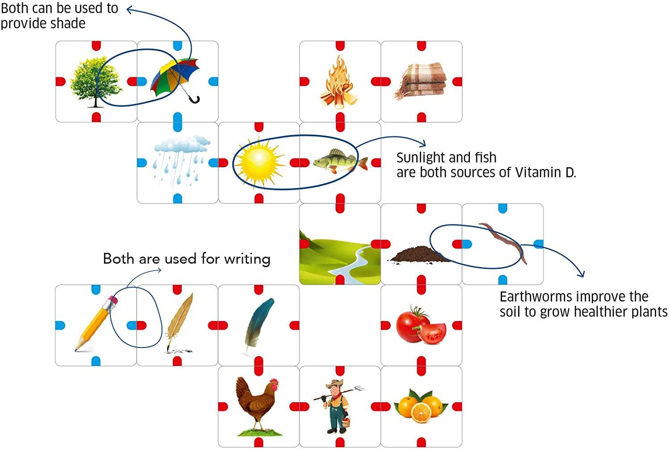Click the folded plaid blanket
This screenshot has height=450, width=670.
pos(420,81)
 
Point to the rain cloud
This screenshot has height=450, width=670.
pos(182,144)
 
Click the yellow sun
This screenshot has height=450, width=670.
pos(260,163)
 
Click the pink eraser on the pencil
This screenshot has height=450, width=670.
pos(113,300)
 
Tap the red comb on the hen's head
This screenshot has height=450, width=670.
pos(274,382)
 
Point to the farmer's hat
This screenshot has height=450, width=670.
pos(335,383)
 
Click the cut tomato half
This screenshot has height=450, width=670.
pos(432,334)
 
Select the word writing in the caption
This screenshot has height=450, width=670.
pos(247,259)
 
